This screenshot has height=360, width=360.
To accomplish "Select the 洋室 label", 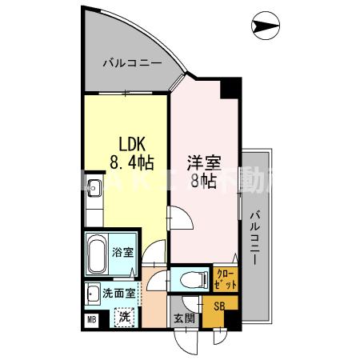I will pyautogui.click(x=203, y=160).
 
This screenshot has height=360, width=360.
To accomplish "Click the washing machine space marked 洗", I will pyautogui.click(x=124, y=316).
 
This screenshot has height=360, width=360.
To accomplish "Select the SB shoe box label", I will pyautogui.click(x=216, y=305).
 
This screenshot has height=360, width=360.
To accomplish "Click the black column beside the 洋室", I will pyautogui.click(x=230, y=87).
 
